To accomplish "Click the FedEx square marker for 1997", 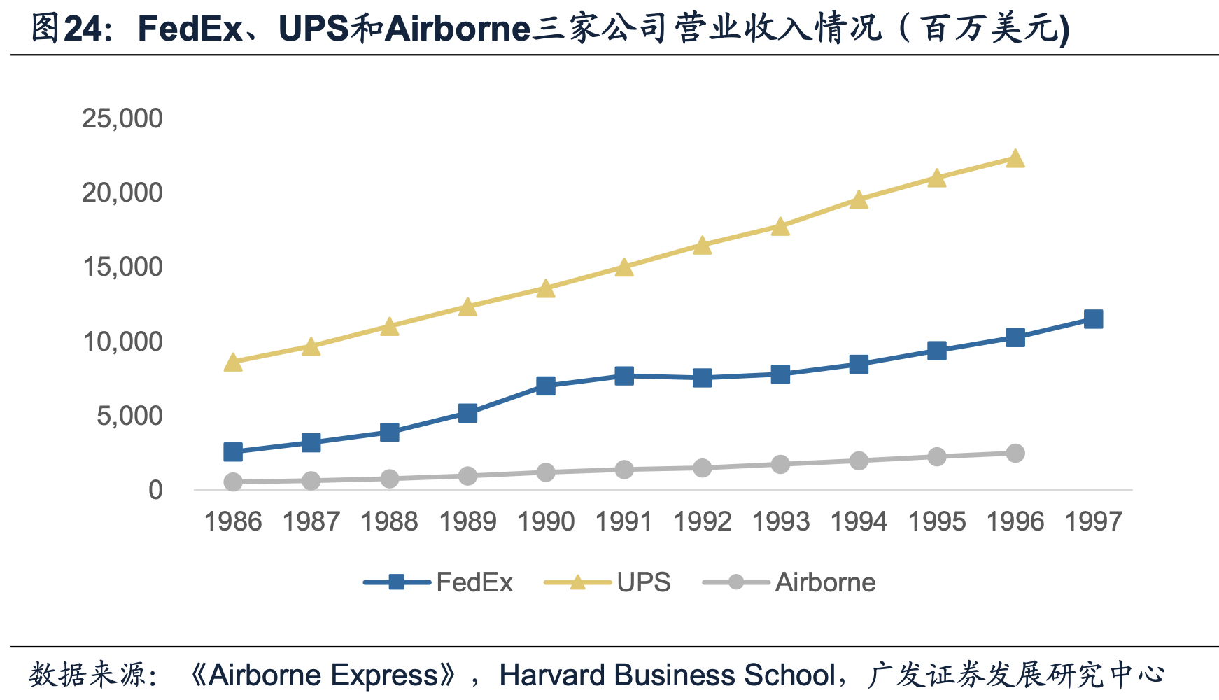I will click(x=1093, y=320).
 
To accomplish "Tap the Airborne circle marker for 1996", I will click(x=1015, y=453).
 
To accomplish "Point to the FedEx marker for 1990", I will click(x=546, y=386).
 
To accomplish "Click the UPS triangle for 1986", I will click(x=233, y=363).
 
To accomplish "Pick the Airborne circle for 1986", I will click(x=233, y=482).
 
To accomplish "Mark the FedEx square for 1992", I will click(x=702, y=378).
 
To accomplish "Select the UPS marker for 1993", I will click(x=780, y=227).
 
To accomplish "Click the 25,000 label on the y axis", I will click(x=122, y=118).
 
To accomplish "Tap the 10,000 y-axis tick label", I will click(x=122, y=342).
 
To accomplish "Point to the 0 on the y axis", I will click(x=155, y=490).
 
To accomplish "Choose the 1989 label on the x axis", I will click(x=467, y=521).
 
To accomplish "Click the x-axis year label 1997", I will click(x=1093, y=521).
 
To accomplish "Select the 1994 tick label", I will click(x=859, y=521).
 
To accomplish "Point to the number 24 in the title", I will click(x=83, y=29).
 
